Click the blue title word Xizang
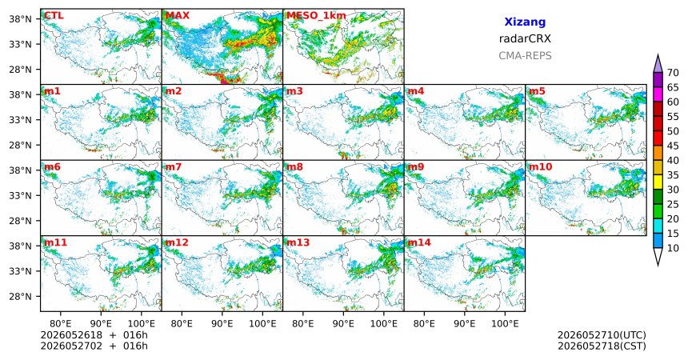[x=525, y=22]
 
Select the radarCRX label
[x=525, y=38]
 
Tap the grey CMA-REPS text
[x=525, y=56]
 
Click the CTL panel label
[x=54, y=16]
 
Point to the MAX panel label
[x=178, y=16]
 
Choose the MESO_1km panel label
[x=316, y=16]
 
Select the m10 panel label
[x=540, y=167]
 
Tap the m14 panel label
[x=419, y=242]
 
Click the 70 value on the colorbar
[x=673, y=73]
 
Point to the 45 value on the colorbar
[x=673, y=146]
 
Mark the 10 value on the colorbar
[x=673, y=249]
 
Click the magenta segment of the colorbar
[x=658, y=95]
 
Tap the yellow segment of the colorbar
[x=658, y=182]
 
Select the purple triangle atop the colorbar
[x=658, y=65]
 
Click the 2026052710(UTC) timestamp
[x=602, y=335]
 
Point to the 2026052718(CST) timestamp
[x=602, y=346]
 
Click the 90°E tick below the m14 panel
[x=465, y=324]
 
